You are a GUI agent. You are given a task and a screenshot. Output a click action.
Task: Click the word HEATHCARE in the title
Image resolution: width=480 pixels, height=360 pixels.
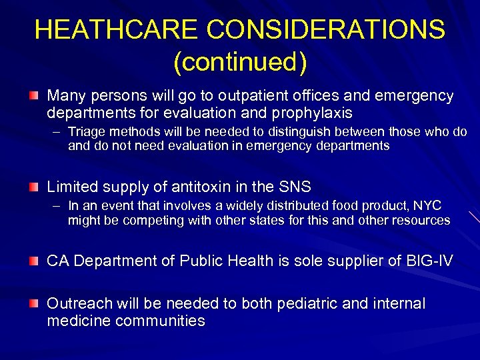[x=116, y=29]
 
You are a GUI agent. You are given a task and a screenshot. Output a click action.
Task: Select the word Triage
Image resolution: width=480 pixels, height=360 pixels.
[x=85, y=132]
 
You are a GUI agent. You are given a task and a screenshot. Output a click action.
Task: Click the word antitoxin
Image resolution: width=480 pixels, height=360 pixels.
[x=205, y=187]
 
